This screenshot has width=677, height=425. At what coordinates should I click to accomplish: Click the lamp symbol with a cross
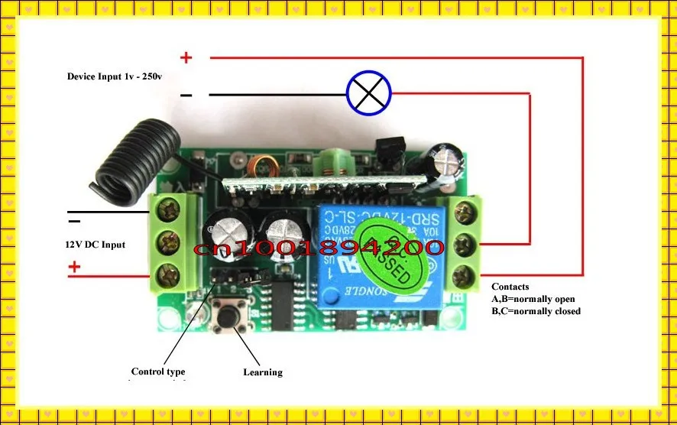click(369, 93)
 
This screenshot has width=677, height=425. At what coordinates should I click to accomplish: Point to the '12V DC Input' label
click(95, 245)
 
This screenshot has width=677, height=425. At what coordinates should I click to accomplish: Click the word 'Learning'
click(263, 372)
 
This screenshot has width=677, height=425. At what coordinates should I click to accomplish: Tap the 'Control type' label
click(158, 372)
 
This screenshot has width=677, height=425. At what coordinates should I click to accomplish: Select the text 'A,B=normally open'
click(533, 299)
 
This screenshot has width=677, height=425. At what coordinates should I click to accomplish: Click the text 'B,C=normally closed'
click(536, 311)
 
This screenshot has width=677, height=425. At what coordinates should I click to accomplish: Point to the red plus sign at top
click(186, 57)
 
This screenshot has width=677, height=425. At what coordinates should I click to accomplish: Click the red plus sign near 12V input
click(74, 267)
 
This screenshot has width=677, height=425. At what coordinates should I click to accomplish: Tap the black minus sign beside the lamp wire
click(186, 95)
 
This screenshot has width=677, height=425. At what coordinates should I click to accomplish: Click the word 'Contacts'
click(510, 287)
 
